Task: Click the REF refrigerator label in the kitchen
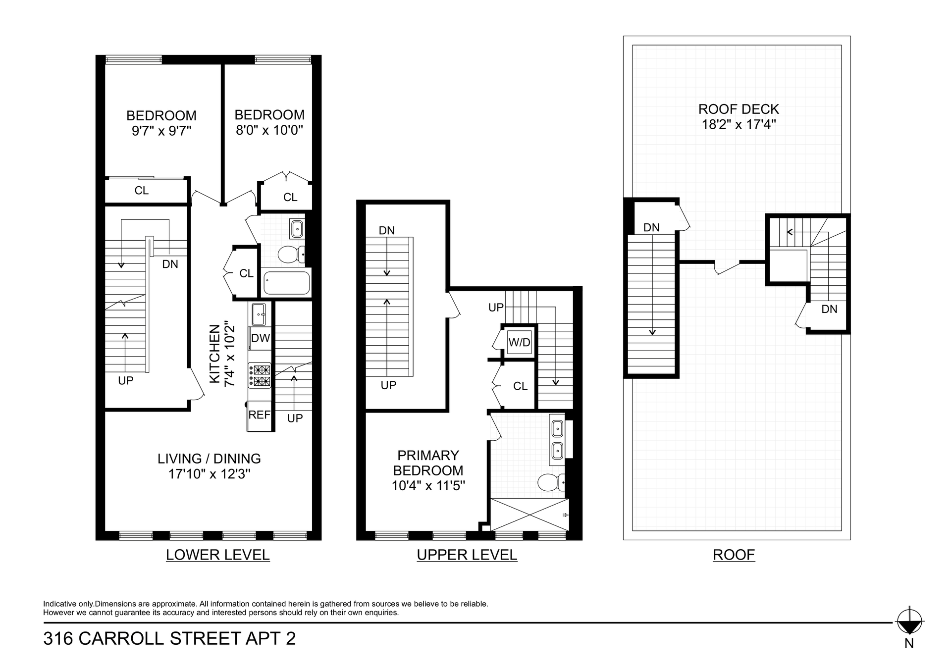point(260,415)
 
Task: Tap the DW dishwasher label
point(261,338)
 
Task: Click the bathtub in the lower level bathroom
point(287,283)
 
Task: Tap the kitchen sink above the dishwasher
point(259,314)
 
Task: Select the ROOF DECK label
point(739,109)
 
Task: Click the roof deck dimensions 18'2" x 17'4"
point(739,124)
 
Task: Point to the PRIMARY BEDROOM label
point(428,463)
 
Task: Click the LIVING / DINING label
point(209,459)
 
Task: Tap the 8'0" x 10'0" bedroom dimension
point(269,130)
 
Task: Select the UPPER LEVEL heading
point(467,555)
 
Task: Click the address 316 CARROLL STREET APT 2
point(169,638)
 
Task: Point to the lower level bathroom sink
point(297,229)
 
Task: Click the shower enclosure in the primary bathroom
point(529,515)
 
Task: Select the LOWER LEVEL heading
point(218,555)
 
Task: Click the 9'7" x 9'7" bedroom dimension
point(161,131)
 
